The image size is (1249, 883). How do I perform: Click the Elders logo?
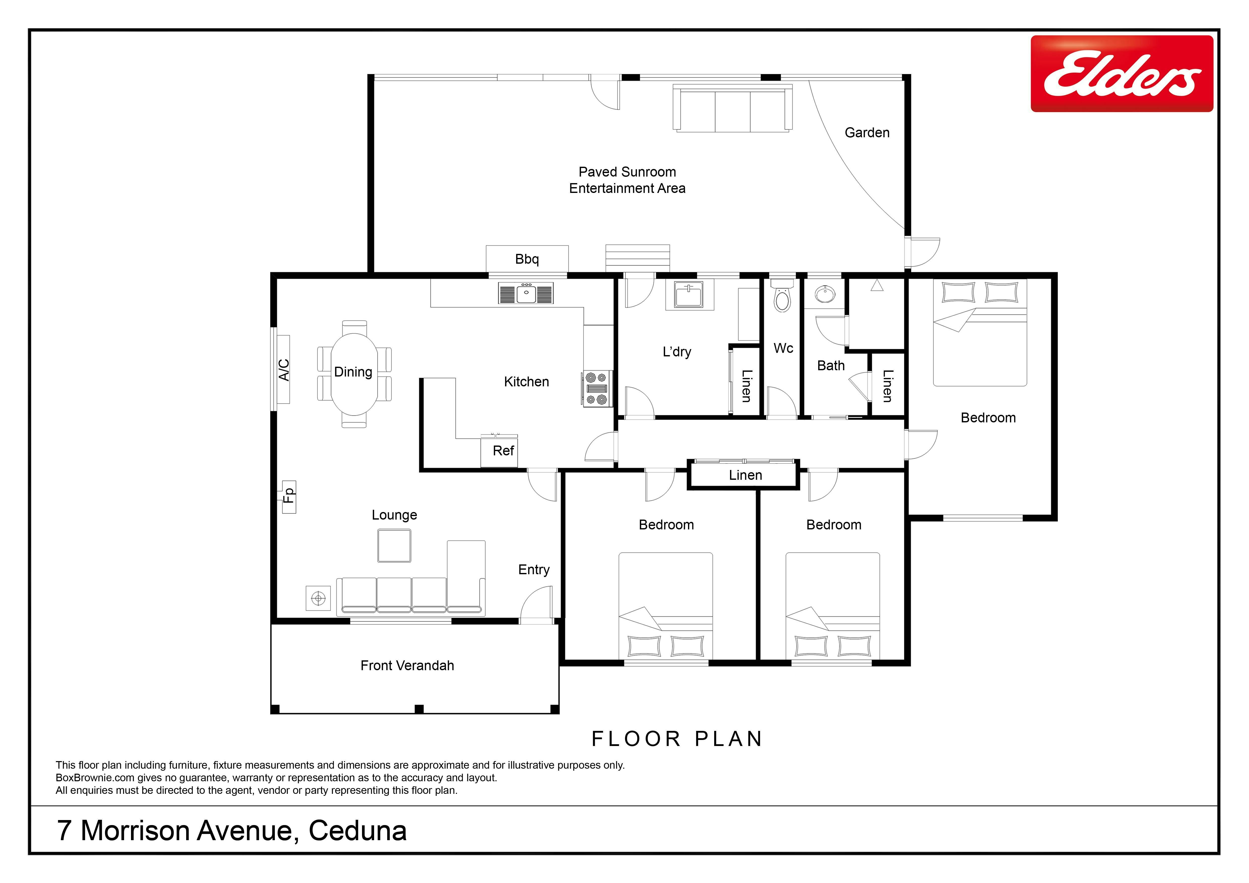pos(1122,74)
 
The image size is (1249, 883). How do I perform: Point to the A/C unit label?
pos(283,370)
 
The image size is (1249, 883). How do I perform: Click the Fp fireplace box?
pos(289,497)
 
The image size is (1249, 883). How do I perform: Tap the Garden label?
pos(867,133)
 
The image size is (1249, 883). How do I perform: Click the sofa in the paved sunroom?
pos(733,108)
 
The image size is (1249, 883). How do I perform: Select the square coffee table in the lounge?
pos(395,545)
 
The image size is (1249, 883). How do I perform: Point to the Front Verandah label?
pos(407,665)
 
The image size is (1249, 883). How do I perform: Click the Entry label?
pos(534,570)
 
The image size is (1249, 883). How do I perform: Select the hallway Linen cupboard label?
pos(745,475)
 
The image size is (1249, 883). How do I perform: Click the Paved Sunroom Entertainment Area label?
pos(627,180)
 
